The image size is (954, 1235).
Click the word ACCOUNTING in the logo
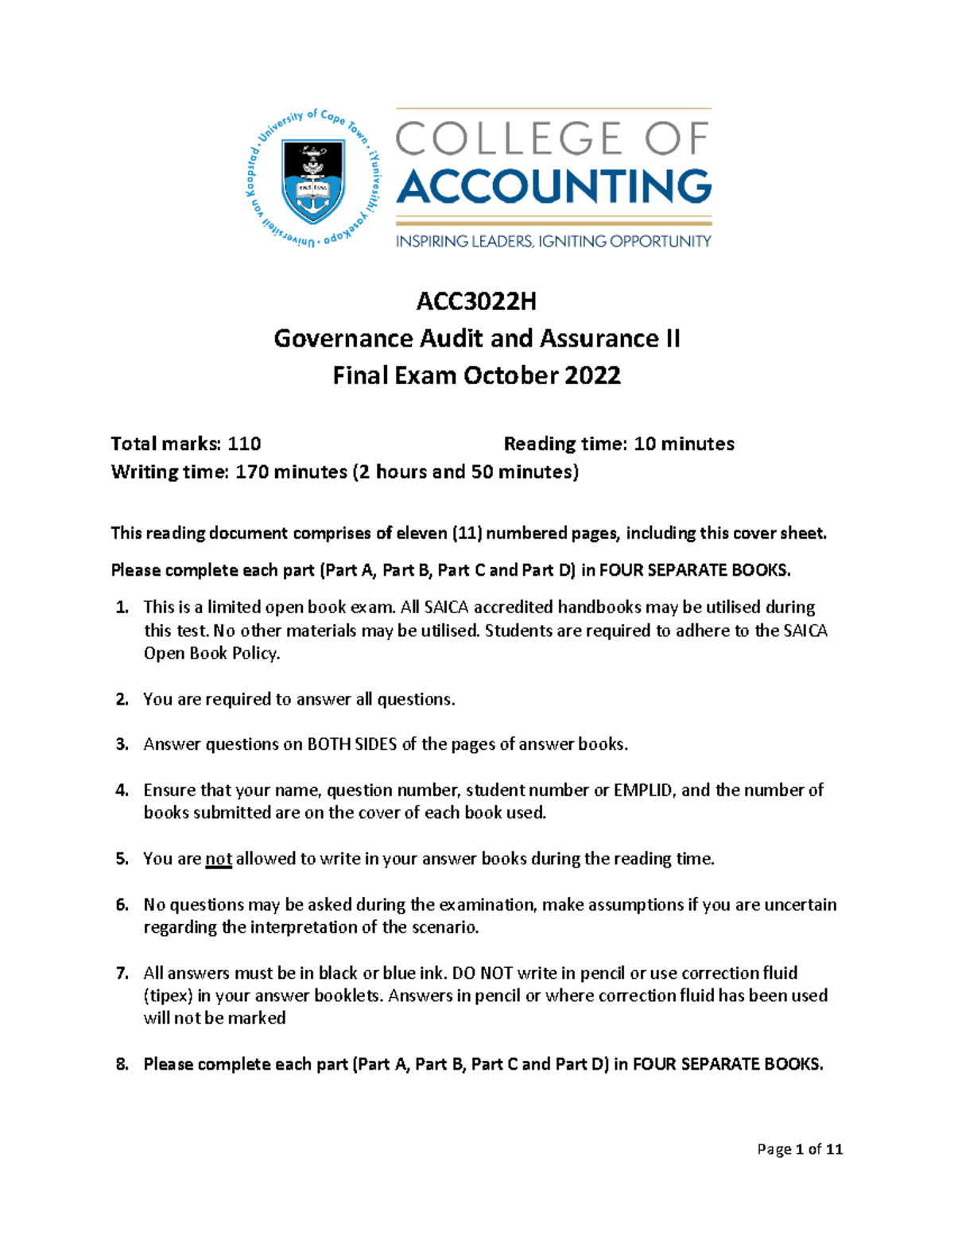tap(553, 187)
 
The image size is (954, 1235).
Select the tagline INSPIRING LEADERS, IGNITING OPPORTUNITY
tap(553, 241)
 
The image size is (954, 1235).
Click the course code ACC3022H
tap(476, 301)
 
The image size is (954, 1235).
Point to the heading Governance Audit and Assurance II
tap(476, 339)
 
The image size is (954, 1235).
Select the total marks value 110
tap(244, 444)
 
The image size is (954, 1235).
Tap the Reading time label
tap(565, 444)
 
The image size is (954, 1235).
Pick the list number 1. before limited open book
tap(122, 608)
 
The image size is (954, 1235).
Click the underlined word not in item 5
tap(219, 859)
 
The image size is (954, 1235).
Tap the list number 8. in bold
tap(122, 1064)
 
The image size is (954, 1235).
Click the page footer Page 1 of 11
tap(800, 1149)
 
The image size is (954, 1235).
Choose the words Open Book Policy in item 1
tap(211, 654)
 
